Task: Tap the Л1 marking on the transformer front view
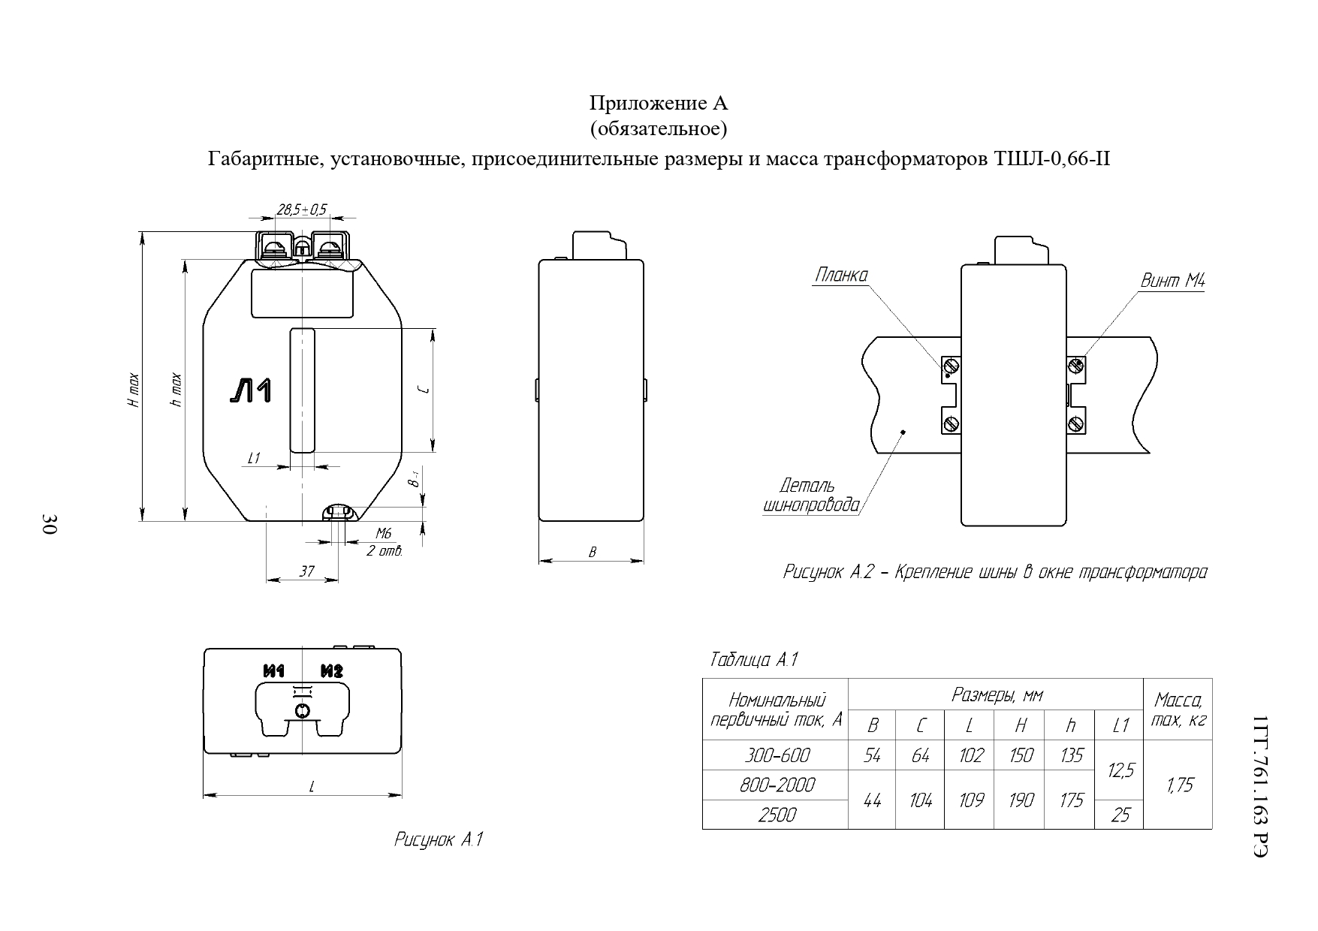tap(251, 392)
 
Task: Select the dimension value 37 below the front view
tap(306, 571)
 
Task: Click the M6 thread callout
tap(384, 534)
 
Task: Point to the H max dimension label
tap(133, 390)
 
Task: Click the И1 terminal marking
tap(273, 670)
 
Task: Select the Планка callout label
tap(841, 276)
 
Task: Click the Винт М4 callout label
tap(1172, 282)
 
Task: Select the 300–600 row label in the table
tap(777, 755)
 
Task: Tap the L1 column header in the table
tap(1120, 725)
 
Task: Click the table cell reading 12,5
tap(1120, 770)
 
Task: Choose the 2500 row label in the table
tap(777, 815)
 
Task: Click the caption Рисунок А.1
tap(438, 839)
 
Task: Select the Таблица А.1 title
tap(753, 661)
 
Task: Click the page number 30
tap(49, 525)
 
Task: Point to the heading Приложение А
tap(658, 103)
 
